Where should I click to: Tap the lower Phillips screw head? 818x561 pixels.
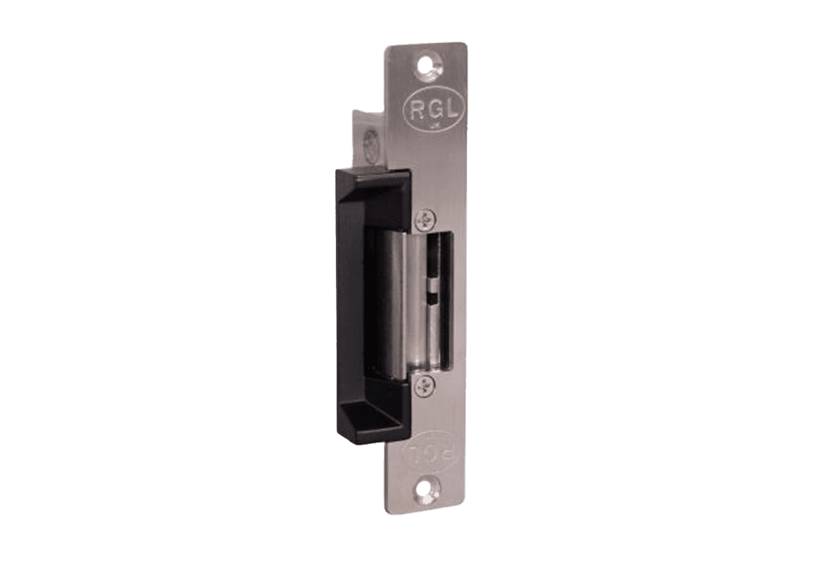(x=424, y=386)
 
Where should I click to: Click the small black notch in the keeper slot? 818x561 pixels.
(x=434, y=299)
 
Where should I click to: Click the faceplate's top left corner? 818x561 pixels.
(x=384, y=47)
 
